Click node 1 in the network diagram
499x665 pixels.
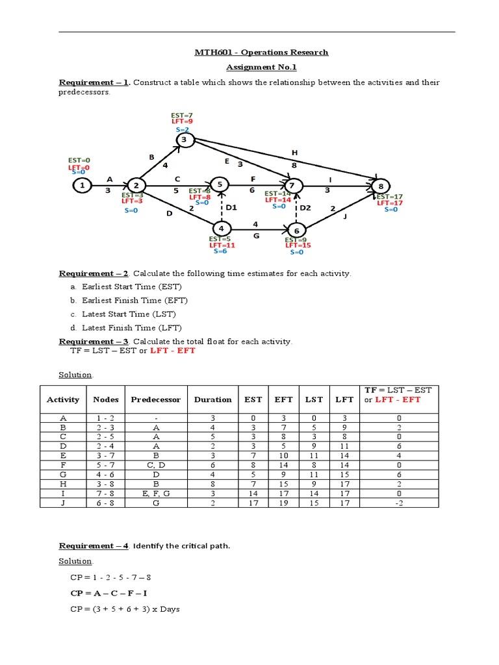(82, 186)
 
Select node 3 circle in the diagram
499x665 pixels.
(184, 140)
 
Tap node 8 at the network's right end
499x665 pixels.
(381, 186)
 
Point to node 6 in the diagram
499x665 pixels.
(296, 230)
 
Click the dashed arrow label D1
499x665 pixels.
(232, 207)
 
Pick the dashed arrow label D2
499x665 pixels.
(305, 208)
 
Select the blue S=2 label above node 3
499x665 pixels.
(182, 130)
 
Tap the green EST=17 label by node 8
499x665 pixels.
(390, 196)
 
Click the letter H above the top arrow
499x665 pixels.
(294, 153)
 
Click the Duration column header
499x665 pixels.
(212, 399)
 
